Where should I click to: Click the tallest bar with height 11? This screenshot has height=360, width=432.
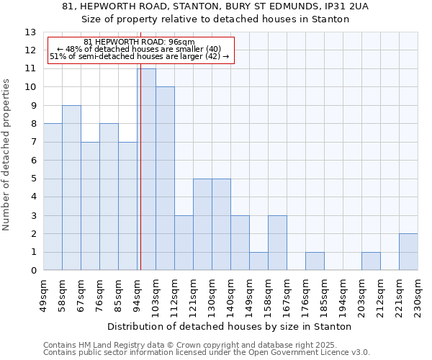click(146, 169)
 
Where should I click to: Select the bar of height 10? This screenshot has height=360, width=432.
click(165, 179)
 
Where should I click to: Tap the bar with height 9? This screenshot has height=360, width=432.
click(71, 188)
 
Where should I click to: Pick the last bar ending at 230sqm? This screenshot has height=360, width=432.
click(408, 252)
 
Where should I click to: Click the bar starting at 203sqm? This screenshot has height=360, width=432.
click(371, 261)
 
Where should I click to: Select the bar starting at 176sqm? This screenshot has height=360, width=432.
click(315, 261)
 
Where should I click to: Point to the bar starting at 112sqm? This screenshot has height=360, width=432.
click(184, 243)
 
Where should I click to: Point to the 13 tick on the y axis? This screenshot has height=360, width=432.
click(30, 32)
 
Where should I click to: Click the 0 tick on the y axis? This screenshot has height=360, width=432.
click(33, 271)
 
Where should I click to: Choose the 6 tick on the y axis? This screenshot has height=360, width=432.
click(33, 161)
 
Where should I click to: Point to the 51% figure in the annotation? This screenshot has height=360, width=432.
click(57, 56)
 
